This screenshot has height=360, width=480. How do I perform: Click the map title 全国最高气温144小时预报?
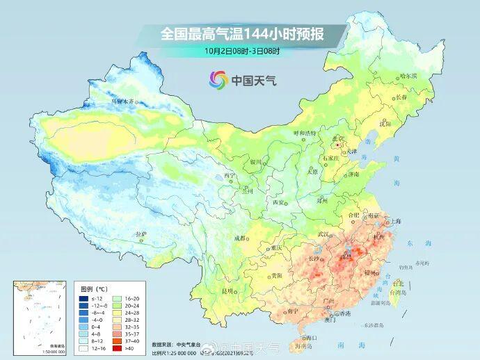coord(243,33)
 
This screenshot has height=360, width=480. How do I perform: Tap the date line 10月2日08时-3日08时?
coord(242,50)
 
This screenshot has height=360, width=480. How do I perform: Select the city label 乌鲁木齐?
coord(126,101)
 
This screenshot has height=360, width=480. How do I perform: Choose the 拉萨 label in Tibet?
coord(142,234)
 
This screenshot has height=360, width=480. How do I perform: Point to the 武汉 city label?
coord(323,234)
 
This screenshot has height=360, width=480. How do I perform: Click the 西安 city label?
coord(278,202)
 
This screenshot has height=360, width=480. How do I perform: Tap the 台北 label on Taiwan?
coord(398,284)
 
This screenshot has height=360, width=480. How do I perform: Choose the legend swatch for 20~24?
coord(120,304)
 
